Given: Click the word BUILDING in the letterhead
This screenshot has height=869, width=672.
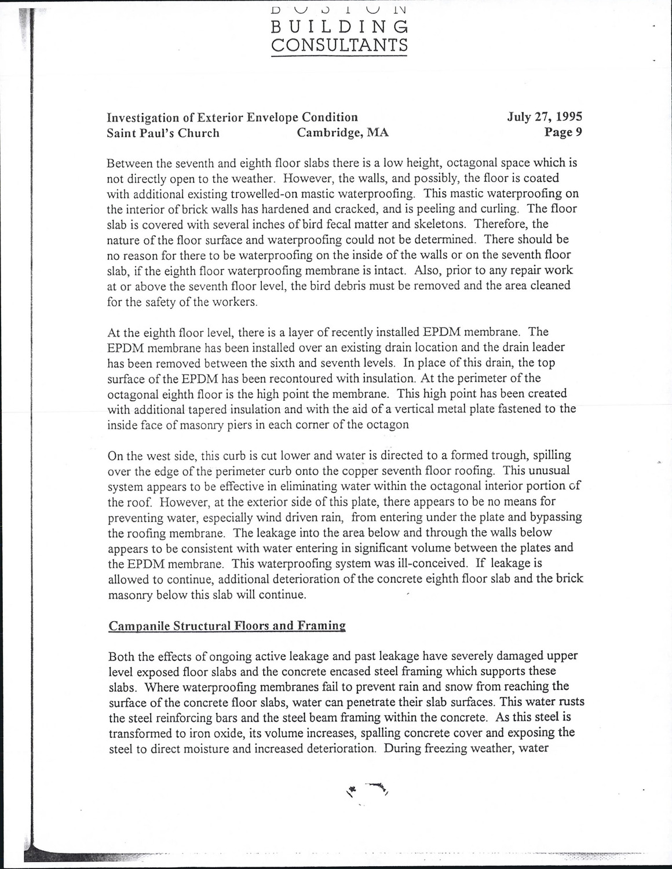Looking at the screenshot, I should (x=339, y=27).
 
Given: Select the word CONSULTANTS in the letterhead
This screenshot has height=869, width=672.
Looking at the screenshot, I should (x=339, y=45).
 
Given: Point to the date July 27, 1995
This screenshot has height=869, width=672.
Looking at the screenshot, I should (x=545, y=117).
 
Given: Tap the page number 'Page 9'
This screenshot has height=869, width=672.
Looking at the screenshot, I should (x=563, y=132).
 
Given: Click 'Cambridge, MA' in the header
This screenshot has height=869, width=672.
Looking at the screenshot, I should (x=342, y=133).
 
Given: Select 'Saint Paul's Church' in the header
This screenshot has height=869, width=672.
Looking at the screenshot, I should (x=163, y=133).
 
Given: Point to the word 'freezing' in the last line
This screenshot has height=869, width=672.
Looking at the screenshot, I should (x=450, y=748).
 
